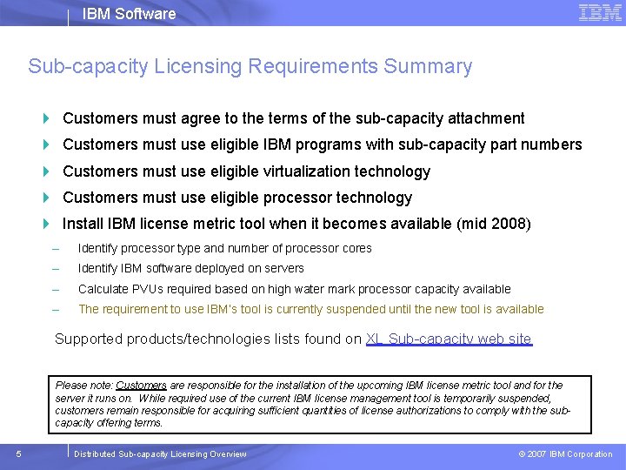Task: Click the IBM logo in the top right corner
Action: tap(600, 13)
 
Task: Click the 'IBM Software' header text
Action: tap(129, 14)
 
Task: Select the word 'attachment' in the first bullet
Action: tap(486, 118)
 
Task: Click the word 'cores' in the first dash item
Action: tap(356, 248)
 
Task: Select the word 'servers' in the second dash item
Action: tap(284, 268)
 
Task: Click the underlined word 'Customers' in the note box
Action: tap(141, 385)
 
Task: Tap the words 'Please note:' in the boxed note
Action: tap(84, 385)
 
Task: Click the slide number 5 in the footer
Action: tap(19, 453)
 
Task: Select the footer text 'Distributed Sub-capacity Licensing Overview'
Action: tap(160, 454)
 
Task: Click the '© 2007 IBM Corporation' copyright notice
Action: tap(565, 454)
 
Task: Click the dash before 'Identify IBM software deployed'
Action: tap(56, 268)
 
